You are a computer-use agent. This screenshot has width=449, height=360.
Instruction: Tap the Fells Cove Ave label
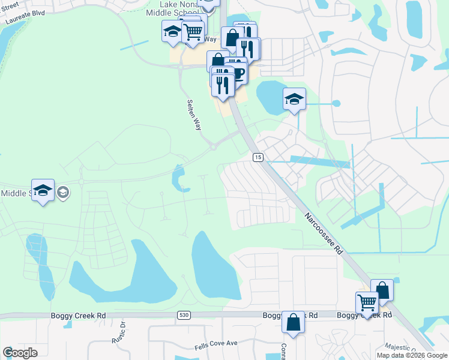point(216,345)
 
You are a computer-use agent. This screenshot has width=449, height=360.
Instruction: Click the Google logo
point(20,353)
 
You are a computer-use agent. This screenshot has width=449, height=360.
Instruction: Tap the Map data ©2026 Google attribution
point(411,355)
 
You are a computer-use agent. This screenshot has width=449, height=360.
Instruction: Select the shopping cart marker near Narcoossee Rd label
point(366,302)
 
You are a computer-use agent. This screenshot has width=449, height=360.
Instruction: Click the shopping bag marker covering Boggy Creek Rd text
point(294,321)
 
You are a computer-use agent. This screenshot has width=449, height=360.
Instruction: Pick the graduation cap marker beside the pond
point(294,99)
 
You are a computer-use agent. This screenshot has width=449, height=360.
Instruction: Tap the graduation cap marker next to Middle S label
point(43,190)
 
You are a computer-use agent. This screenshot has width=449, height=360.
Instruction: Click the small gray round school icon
point(63,193)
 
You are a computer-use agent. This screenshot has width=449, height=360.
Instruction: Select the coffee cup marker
point(237,73)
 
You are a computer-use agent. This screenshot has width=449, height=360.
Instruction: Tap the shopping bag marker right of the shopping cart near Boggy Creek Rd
point(382,290)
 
